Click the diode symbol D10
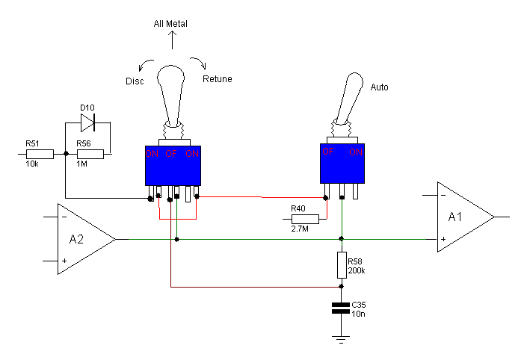[x=87, y=122]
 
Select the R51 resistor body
[x=40, y=154]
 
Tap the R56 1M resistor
[x=90, y=154]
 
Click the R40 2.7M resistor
[x=305, y=220]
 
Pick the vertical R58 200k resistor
[x=342, y=265]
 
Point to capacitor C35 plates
[x=341, y=308]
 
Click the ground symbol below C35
[x=341, y=340]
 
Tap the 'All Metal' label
[x=170, y=24]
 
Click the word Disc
[x=135, y=81]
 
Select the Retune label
[x=217, y=79]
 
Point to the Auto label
[x=379, y=87]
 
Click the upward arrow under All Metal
[x=173, y=40]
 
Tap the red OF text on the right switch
[x=328, y=152]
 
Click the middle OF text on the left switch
[x=170, y=154]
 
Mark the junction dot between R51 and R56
[x=67, y=154]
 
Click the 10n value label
[x=358, y=314]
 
